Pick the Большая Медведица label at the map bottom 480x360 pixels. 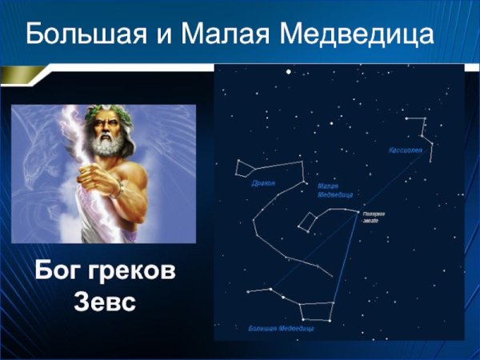(280, 328)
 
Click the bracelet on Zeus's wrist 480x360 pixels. (118, 190)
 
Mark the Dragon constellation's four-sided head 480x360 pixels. (245, 168)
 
